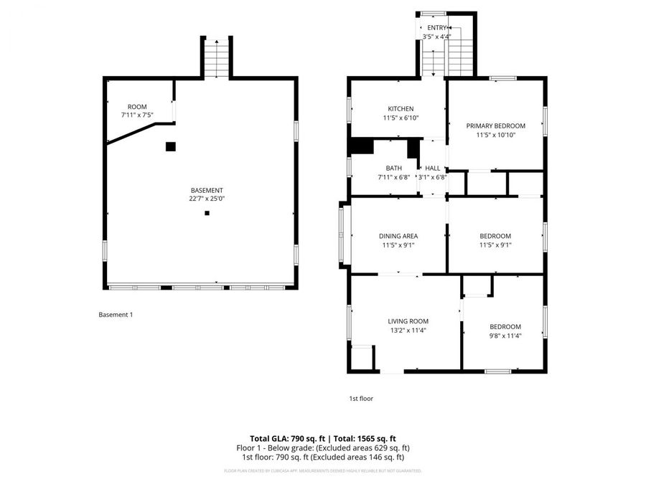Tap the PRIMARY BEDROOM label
[x=495, y=125]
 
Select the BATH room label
[x=393, y=169]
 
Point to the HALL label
[x=432, y=169]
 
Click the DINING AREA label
[x=398, y=236]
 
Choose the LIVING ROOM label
[x=408, y=321]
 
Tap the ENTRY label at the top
[x=436, y=27]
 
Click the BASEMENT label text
[x=207, y=190]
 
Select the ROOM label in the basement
[x=137, y=107]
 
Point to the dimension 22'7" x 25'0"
[x=207, y=199]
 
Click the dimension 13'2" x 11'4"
[x=408, y=331]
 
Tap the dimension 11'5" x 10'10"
[x=495, y=135]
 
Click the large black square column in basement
[x=171, y=146]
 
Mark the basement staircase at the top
[x=215, y=57]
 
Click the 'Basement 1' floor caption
[x=116, y=314]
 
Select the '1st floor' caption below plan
[x=361, y=399]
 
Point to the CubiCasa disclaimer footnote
[x=322, y=471]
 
